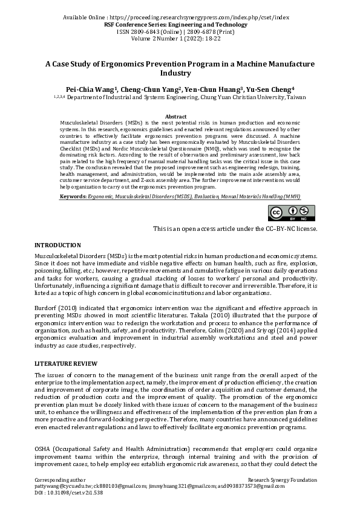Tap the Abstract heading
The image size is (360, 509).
coord(175,116)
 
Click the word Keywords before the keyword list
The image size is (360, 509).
coord(74,197)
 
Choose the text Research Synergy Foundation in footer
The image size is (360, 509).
coord(283,479)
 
